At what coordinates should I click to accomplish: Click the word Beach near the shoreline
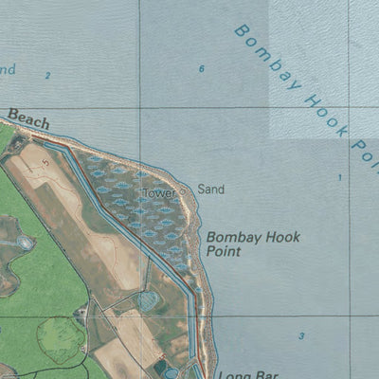(28, 117)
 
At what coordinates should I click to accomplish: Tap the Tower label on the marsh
(158, 193)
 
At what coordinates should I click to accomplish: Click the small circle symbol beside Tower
(183, 189)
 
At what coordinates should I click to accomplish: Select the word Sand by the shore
(210, 189)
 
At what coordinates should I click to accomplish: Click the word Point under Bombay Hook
(224, 252)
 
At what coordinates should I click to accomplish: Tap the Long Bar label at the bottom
(243, 373)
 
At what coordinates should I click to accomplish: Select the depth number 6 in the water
(202, 69)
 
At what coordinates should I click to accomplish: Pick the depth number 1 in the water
(340, 177)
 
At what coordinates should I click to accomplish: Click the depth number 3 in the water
(301, 336)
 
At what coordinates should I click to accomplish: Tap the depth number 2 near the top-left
(47, 74)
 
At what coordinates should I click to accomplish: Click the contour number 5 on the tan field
(44, 162)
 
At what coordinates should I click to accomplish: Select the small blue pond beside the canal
(149, 300)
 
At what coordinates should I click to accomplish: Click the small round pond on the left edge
(26, 243)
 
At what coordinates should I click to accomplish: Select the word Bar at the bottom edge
(256, 373)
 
